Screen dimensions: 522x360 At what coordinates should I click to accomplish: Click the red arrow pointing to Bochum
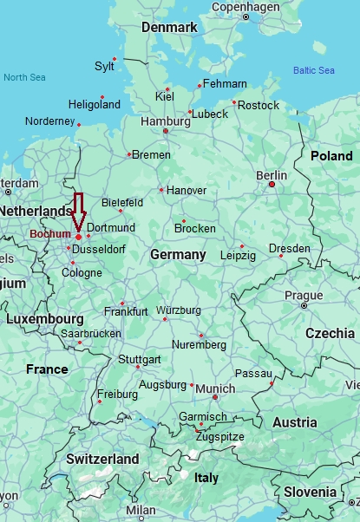tap(78, 211)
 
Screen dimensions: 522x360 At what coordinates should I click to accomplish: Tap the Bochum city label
tap(50, 234)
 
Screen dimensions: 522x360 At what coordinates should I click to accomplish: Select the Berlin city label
tap(272, 175)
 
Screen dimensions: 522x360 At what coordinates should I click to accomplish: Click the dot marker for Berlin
tap(272, 184)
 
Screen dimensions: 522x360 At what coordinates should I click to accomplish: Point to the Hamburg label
tap(165, 121)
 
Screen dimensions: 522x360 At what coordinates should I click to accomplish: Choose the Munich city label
tap(214, 388)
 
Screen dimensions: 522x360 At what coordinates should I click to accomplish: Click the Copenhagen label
tap(246, 7)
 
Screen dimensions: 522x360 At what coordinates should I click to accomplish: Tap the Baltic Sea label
tap(313, 70)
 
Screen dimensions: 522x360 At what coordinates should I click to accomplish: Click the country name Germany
tap(178, 255)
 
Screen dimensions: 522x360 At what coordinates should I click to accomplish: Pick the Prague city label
tap(304, 296)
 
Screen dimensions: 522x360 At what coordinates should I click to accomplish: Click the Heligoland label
tap(95, 105)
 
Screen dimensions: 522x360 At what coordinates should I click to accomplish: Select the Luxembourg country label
tap(44, 319)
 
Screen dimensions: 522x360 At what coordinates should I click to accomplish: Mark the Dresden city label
tap(289, 249)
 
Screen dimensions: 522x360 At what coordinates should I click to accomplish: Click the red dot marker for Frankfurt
tap(122, 303)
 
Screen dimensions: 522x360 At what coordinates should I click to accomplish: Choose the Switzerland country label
tap(90, 459)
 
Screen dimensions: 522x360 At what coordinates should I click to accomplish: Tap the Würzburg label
tap(179, 310)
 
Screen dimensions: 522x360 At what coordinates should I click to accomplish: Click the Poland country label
tap(331, 156)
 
